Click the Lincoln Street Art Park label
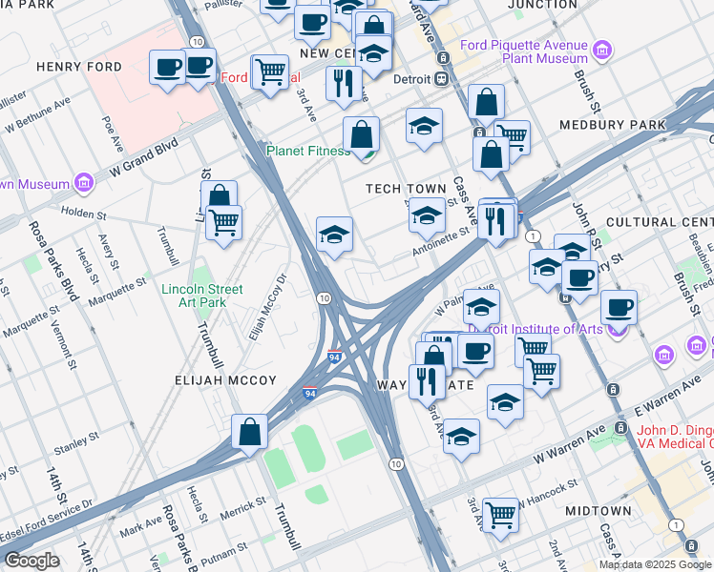pyautogui.click(x=202, y=296)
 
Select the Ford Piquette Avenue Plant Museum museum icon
pyautogui.click(x=602, y=49)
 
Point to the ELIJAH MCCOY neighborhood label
pyautogui.click(x=225, y=380)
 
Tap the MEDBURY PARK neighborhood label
pyautogui.click(x=626, y=125)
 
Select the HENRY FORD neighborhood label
pyautogui.click(x=79, y=67)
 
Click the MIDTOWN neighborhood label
pyautogui.click(x=598, y=511)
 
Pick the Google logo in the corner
pyautogui.click(x=32, y=560)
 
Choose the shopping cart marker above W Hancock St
pyautogui.click(x=500, y=514)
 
